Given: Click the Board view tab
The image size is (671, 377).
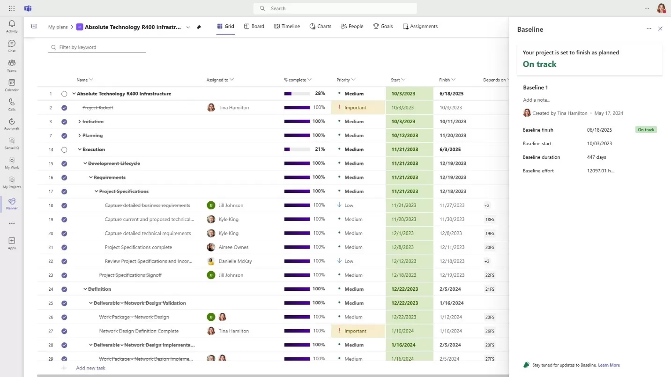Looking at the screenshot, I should pyautogui.click(x=254, y=26).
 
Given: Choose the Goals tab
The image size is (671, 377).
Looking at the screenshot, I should pyautogui.click(x=383, y=26).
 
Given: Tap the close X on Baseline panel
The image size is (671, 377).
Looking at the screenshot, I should pyautogui.click(x=660, y=29).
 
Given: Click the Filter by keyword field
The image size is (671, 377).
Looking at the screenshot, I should pyautogui.click(x=97, y=47).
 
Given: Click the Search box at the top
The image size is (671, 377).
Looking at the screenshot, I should pyautogui.click(x=335, y=8).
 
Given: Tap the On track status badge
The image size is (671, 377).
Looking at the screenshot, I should pyautogui.click(x=646, y=130).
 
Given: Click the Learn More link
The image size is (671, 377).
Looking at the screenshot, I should pyautogui.click(x=609, y=365).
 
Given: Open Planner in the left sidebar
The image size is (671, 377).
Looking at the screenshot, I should pyautogui.click(x=12, y=203).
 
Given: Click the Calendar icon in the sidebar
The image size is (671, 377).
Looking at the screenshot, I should pyautogui.click(x=12, y=85).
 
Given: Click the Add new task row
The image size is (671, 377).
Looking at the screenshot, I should pyautogui.click(x=90, y=368).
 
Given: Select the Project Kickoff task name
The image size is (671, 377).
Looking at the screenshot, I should pyautogui.click(x=97, y=108).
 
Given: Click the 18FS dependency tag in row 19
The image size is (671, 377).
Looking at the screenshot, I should pyautogui.click(x=490, y=219).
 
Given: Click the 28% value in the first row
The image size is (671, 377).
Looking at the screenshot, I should pyautogui.click(x=320, y=94).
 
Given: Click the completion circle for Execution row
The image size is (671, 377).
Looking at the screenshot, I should pyautogui.click(x=64, y=150).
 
